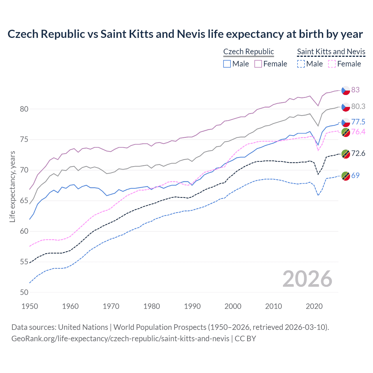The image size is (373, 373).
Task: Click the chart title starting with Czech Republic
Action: (185, 34)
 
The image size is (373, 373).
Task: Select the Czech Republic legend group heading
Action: (249, 52)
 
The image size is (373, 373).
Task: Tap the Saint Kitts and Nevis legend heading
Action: (331, 52)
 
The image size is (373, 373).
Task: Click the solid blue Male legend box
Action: (227, 64)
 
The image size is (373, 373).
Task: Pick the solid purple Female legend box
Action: (258, 64)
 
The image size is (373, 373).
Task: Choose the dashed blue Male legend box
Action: (301, 64)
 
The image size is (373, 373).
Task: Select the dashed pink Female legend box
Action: (332, 64)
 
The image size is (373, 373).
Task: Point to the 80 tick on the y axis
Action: (24, 109)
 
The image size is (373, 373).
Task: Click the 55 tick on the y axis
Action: (24, 262)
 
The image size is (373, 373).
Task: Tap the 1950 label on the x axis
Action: (30, 306)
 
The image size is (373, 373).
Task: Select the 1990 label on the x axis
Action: (192, 306)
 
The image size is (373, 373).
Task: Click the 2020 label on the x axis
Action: (314, 306)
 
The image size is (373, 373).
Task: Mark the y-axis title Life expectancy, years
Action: (12, 186)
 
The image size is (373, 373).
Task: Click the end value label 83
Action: (356, 90)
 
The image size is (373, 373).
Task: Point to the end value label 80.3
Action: (358, 106)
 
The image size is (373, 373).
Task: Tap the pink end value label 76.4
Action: (358, 132)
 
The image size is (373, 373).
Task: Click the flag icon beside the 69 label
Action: (346, 176)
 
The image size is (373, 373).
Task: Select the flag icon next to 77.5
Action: (346, 122)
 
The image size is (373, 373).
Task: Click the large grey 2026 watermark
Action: (307, 279)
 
